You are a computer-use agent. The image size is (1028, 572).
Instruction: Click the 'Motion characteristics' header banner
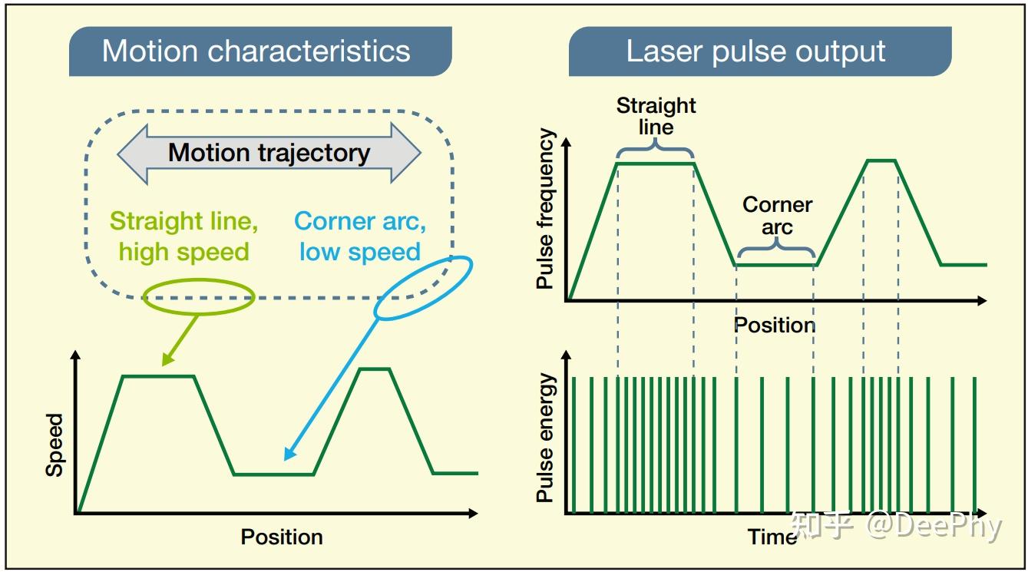coord(260,51)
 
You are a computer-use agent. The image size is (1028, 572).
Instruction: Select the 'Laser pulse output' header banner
coord(760,51)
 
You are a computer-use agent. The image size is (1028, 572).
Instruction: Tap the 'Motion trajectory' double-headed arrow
coord(269,154)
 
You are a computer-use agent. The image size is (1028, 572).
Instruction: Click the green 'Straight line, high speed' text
coord(184,236)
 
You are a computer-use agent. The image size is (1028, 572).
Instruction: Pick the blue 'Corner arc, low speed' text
coord(360,236)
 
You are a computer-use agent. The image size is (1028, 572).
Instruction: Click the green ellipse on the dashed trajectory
coord(198,297)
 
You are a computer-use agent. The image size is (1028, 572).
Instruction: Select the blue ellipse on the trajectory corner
coord(423,288)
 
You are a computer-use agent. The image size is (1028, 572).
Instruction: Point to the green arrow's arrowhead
coord(167,359)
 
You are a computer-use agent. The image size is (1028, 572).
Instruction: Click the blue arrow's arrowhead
coord(289,453)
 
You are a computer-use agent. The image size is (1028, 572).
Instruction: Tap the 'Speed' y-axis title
coord(55,445)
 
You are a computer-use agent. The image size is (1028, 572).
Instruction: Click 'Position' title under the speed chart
coord(282,537)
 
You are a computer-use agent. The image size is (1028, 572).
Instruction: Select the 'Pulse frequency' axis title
coord(545,209)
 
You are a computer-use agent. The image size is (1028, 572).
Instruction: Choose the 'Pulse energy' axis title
coord(545,438)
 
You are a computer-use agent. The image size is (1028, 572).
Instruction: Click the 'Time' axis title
coord(772,537)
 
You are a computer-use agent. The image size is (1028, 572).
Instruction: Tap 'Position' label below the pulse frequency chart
coord(774,325)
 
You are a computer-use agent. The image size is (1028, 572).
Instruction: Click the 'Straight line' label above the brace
coord(656,116)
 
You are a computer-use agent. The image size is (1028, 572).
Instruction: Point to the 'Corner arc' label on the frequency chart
coord(777,216)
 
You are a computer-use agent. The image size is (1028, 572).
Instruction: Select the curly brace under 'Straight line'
coord(655,148)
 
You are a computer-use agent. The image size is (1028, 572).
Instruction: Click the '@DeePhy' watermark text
coord(934,527)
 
